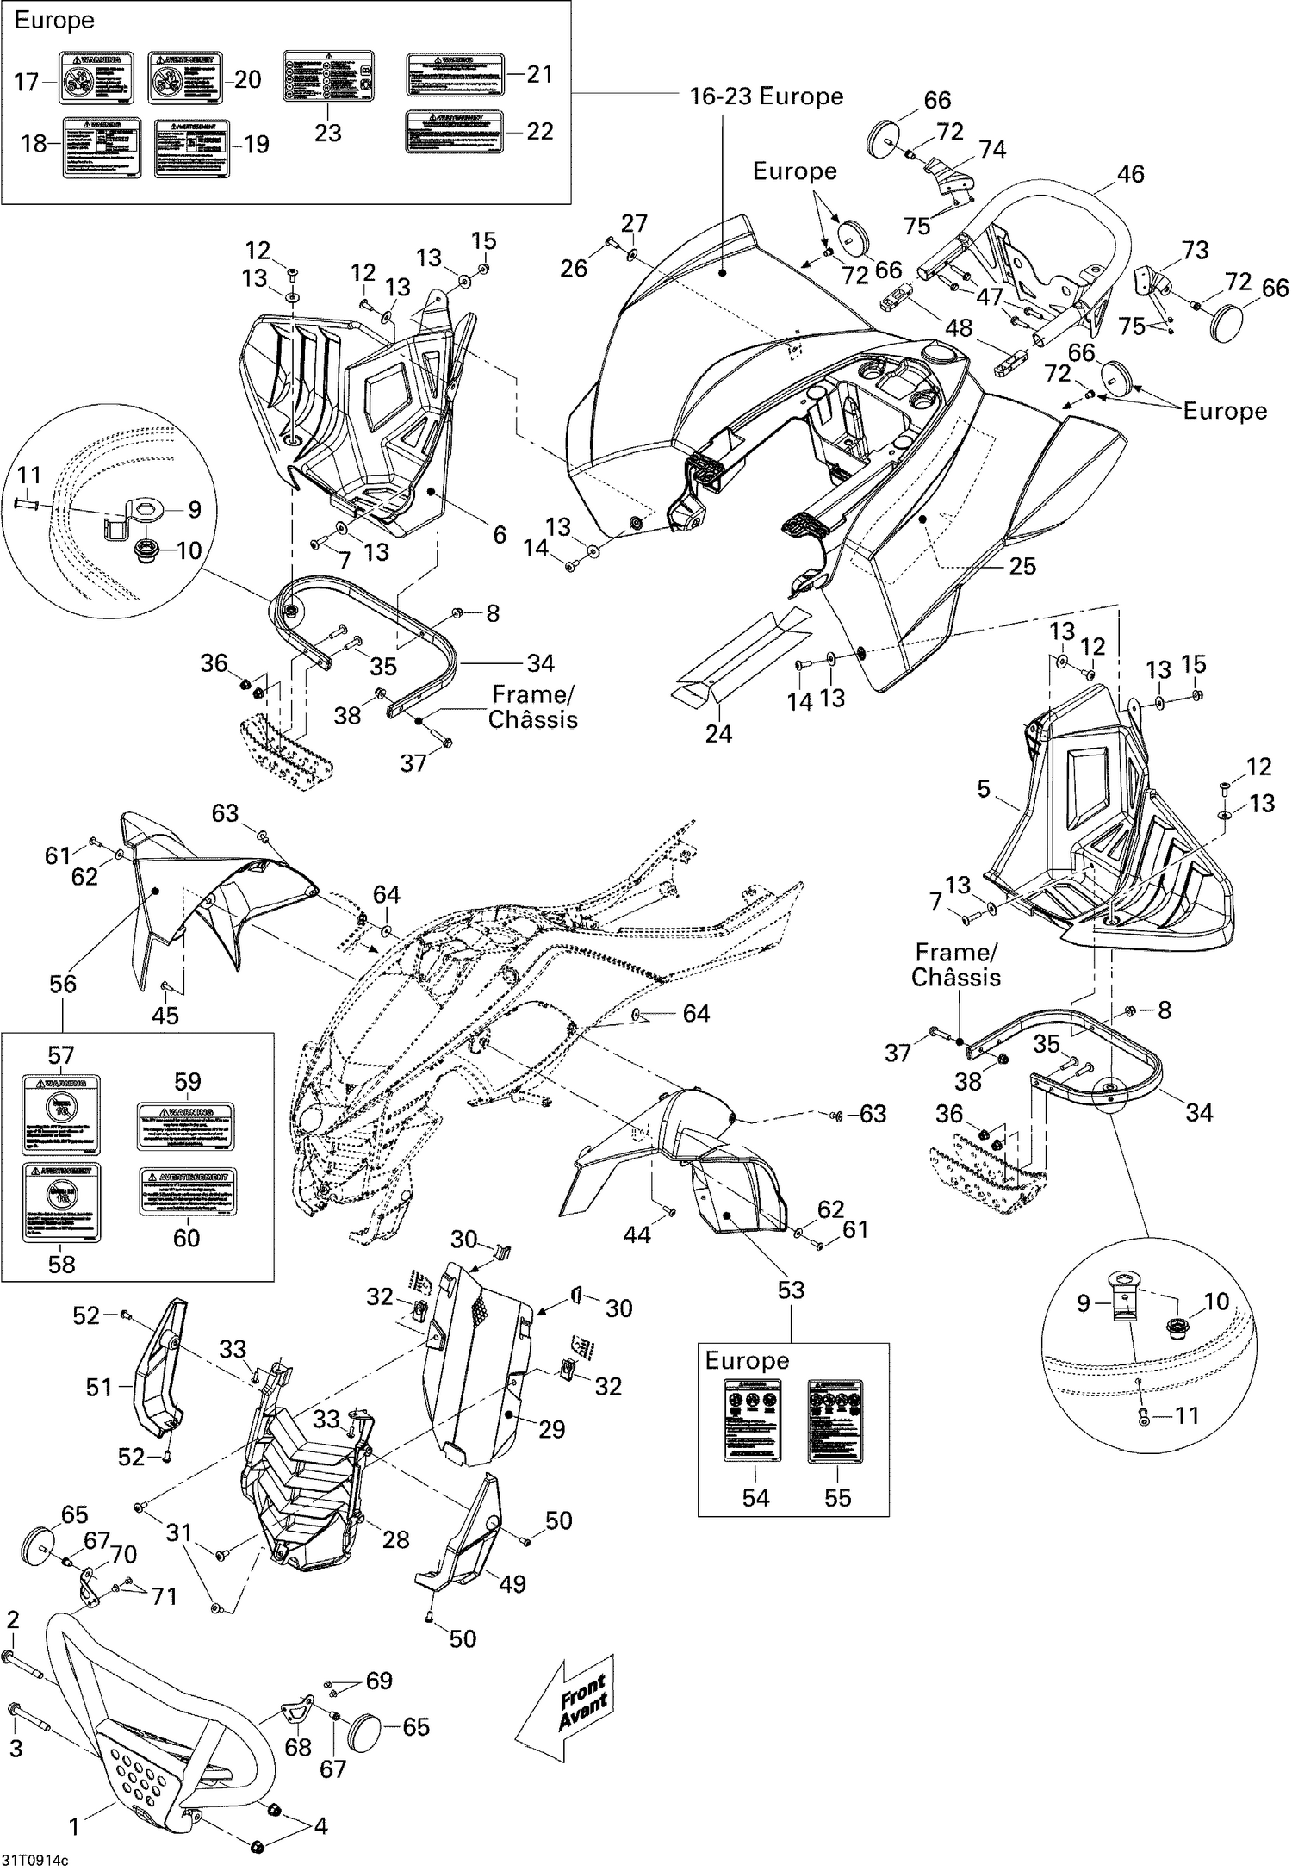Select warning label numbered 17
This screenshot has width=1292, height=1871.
pos(96,78)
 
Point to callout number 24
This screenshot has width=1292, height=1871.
pos(718,733)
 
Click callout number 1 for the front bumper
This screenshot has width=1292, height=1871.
pos(75,1823)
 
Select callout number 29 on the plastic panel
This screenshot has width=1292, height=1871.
pos(551,1429)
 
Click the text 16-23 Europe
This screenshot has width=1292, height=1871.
pos(766,96)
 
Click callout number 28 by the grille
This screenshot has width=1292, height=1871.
pos(395,1539)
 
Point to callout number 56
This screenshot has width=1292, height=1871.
pos(62,984)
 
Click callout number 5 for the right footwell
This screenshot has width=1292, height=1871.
pos(984,789)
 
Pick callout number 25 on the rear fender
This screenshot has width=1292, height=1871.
pos(1022,566)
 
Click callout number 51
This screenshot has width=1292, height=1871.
pos(99,1388)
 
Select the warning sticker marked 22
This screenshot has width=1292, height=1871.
pos(454,132)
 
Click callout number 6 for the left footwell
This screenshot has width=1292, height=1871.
pos(500,534)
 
